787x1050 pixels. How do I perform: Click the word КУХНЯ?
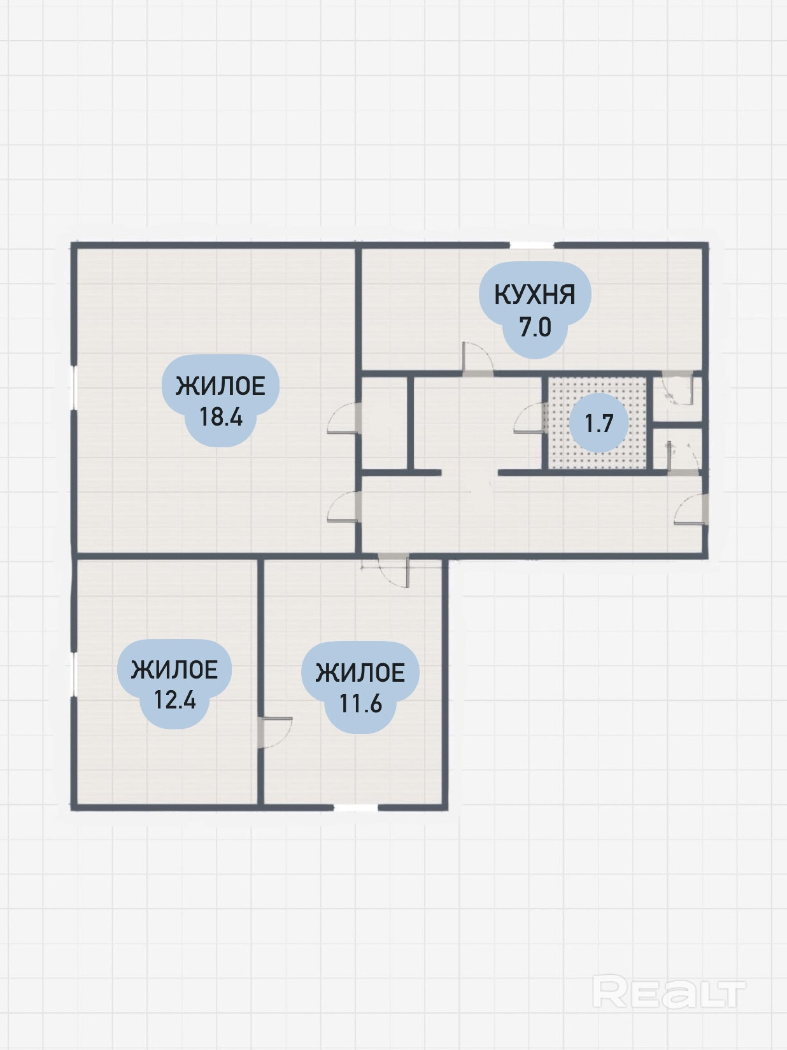pyautogui.click(x=535, y=294)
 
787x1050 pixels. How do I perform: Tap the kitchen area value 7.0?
pyautogui.click(x=535, y=327)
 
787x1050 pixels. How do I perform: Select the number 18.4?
pyautogui.click(x=221, y=417)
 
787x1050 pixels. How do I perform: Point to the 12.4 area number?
pyautogui.click(x=175, y=700)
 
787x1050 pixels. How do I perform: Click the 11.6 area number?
pyautogui.click(x=361, y=703)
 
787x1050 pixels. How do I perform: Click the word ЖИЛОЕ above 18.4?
pyautogui.click(x=220, y=386)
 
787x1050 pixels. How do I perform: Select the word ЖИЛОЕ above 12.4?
pyautogui.click(x=174, y=670)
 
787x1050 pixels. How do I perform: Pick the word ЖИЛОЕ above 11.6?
pyautogui.click(x=360, y=673)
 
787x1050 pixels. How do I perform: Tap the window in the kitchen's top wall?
pyautogui.click(x=532, y=245)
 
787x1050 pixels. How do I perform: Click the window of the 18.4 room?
pyautogui.click(x=74, y=387)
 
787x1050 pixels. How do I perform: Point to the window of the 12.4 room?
pyautogui.click(x=74, y=675)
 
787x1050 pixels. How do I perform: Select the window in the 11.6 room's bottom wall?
pyautogui.click(x=355, y=951)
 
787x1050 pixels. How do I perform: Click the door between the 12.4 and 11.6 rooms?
pyautogui.click(x=275, y=733)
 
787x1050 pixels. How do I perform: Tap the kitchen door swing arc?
pyautogui.click(x=478, y=356)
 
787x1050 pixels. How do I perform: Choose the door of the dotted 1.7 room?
pyautogui.click(x=530, y=418)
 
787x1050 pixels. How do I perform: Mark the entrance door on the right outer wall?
pyautogui.click(x=691, y=510)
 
